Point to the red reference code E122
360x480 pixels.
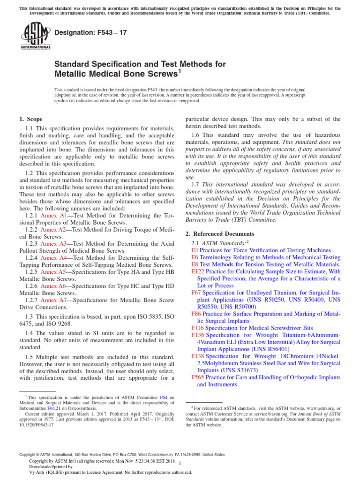tap(198, 271)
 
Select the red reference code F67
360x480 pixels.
tap(196, 292)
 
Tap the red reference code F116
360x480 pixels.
tap(198, 328)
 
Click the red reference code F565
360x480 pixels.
tap(198, 377)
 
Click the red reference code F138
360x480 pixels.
tap(198, 356)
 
